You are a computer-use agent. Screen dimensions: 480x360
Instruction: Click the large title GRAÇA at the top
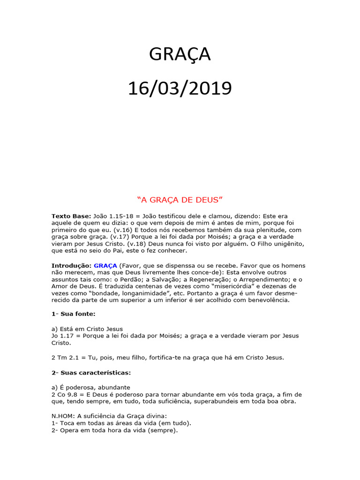[x=180, y=55]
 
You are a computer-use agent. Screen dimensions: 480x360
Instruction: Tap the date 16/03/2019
[x=180, y=88]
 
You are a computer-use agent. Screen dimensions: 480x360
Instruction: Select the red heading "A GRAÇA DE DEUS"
[x=180, y=200]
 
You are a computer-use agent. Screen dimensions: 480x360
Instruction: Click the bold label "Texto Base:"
[x=71, y=216]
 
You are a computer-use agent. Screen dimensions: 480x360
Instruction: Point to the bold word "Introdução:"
[x=71, y=266]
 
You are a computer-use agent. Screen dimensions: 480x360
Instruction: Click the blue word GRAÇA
[x=105, y=266]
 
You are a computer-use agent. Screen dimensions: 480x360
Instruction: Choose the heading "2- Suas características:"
[x=91, y=373]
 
